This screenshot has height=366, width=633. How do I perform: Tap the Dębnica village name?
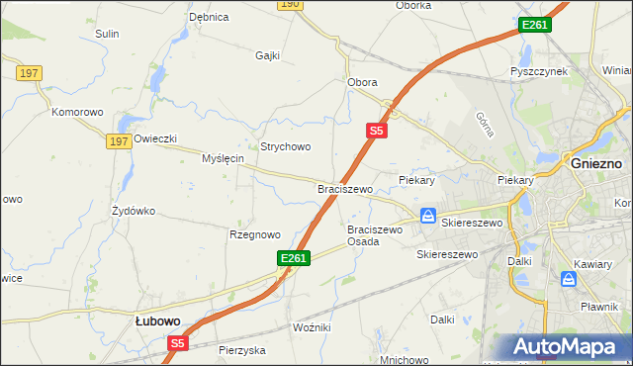[209, 17]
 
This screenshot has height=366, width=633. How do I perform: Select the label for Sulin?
[107, 34]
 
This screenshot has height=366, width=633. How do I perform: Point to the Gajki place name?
[269, 55]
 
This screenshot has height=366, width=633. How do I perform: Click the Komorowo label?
[78, 112]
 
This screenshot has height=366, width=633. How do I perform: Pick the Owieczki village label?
[155, 138]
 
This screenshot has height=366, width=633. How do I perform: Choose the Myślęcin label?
[224, 158]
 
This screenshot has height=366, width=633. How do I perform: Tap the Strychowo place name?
[286, 146]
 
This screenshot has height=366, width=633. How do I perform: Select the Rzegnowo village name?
[255, 234]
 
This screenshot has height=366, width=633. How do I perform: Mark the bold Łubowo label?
[157, 320]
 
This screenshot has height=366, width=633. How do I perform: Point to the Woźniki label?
[312, 326]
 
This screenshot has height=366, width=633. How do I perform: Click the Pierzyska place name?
[243, 350]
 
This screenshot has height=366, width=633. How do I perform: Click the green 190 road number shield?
[289, 4]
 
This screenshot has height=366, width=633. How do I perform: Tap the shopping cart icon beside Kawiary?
[569, 280]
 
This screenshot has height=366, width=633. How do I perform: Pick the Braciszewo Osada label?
[375, 235]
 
